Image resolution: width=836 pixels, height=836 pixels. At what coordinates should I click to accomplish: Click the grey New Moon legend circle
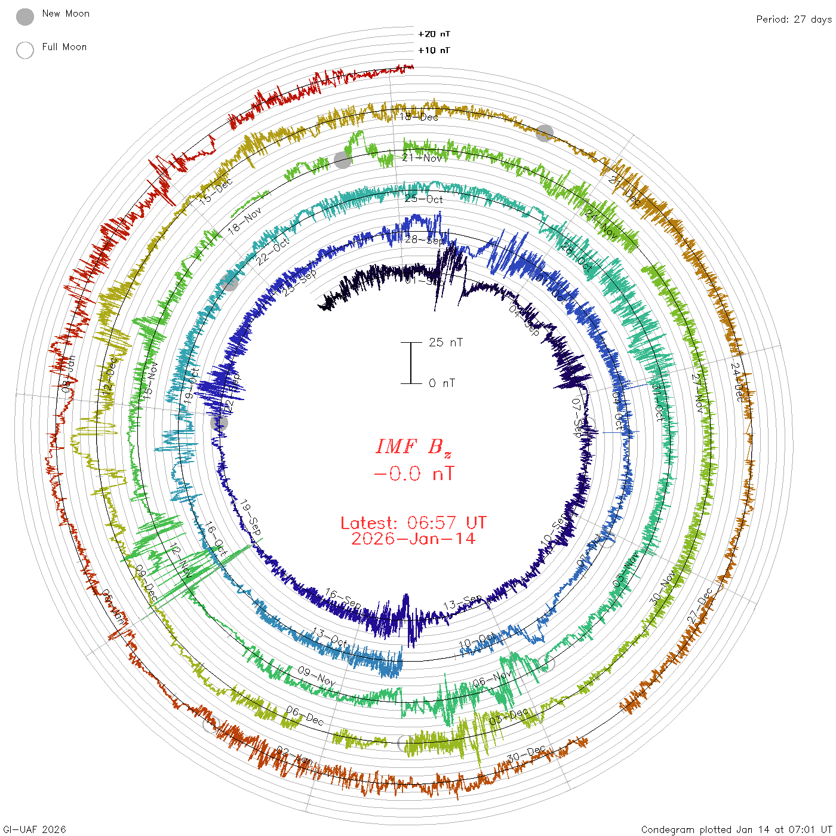coord(25,17)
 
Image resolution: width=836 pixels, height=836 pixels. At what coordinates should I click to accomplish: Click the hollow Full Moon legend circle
coord(25,50)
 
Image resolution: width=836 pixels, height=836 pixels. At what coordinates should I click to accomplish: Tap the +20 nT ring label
coord(434,34)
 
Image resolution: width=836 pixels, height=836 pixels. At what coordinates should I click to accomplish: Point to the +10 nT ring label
coord(434,50)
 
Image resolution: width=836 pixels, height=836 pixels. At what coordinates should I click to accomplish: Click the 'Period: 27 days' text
coord(794,19)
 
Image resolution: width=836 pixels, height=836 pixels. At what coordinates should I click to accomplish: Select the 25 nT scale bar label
coord(445,342)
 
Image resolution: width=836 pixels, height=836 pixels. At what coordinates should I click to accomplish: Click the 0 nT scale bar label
coord(442,383)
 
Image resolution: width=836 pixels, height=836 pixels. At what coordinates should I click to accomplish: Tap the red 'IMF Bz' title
coord(413,446)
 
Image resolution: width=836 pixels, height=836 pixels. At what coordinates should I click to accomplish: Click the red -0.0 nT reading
coord(413,474)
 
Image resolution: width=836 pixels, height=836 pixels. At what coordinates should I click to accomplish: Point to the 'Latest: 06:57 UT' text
coord(413,523)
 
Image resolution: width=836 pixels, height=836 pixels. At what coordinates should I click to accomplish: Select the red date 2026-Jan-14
coord(413,539)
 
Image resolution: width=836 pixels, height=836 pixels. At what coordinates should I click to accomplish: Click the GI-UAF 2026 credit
coord(35,829)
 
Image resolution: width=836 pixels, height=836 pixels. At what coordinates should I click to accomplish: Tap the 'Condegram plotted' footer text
coord(736,829)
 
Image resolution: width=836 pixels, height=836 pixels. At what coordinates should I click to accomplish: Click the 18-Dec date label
coord(419,117)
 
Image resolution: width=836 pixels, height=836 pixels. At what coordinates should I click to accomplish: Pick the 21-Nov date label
coord(422,158)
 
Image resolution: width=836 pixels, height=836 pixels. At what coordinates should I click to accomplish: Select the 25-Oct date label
coord(424,199)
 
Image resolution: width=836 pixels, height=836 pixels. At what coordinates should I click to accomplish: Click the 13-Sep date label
coord(463,603)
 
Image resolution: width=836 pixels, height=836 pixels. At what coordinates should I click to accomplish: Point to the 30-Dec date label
coord(526,754)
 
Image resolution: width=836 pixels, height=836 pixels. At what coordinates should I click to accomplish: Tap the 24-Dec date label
coord(739,382)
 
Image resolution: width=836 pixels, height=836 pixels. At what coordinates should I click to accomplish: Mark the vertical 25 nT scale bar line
coord(411,362)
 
